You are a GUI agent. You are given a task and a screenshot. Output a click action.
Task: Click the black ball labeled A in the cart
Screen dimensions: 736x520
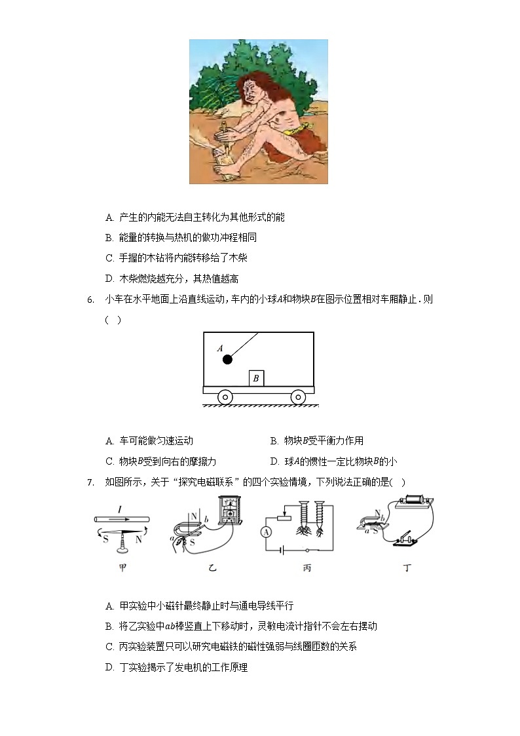227,359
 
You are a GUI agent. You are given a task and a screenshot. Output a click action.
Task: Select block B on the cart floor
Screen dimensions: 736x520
257,378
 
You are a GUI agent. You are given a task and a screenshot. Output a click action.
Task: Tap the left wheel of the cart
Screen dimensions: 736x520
225,397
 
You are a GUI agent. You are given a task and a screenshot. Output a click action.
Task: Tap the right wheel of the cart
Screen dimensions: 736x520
298,397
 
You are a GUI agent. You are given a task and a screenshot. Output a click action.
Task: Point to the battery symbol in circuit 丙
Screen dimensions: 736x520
282,551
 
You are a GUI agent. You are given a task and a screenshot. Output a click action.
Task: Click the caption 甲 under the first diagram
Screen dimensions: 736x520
122,568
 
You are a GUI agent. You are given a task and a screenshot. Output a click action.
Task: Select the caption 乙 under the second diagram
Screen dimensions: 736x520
212,568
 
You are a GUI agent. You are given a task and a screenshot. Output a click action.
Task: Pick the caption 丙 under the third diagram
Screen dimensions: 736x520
306,568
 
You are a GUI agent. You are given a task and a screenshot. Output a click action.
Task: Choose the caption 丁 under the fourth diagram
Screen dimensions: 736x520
407,568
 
